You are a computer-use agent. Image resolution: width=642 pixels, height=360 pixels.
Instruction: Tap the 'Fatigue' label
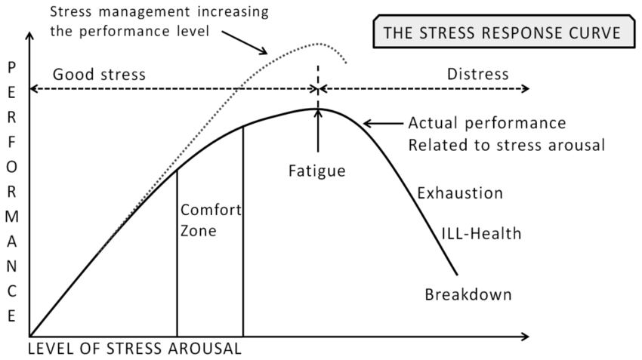(316, 171)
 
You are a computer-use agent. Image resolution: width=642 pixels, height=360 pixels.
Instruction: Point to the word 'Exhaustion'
(460, 193)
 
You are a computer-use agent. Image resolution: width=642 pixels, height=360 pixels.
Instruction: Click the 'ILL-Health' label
(481, 233)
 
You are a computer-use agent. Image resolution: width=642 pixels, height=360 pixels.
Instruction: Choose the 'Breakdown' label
(468, 294)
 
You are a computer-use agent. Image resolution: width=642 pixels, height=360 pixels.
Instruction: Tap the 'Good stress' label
(99, 75)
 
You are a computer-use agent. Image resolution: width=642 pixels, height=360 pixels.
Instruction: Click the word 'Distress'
(478, 75)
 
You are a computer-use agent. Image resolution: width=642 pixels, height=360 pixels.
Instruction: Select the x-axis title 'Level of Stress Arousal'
(134, 349)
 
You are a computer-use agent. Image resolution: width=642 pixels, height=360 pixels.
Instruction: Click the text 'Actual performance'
(486, 123)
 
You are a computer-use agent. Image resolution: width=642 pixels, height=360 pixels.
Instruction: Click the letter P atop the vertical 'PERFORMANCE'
(11, 67)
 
